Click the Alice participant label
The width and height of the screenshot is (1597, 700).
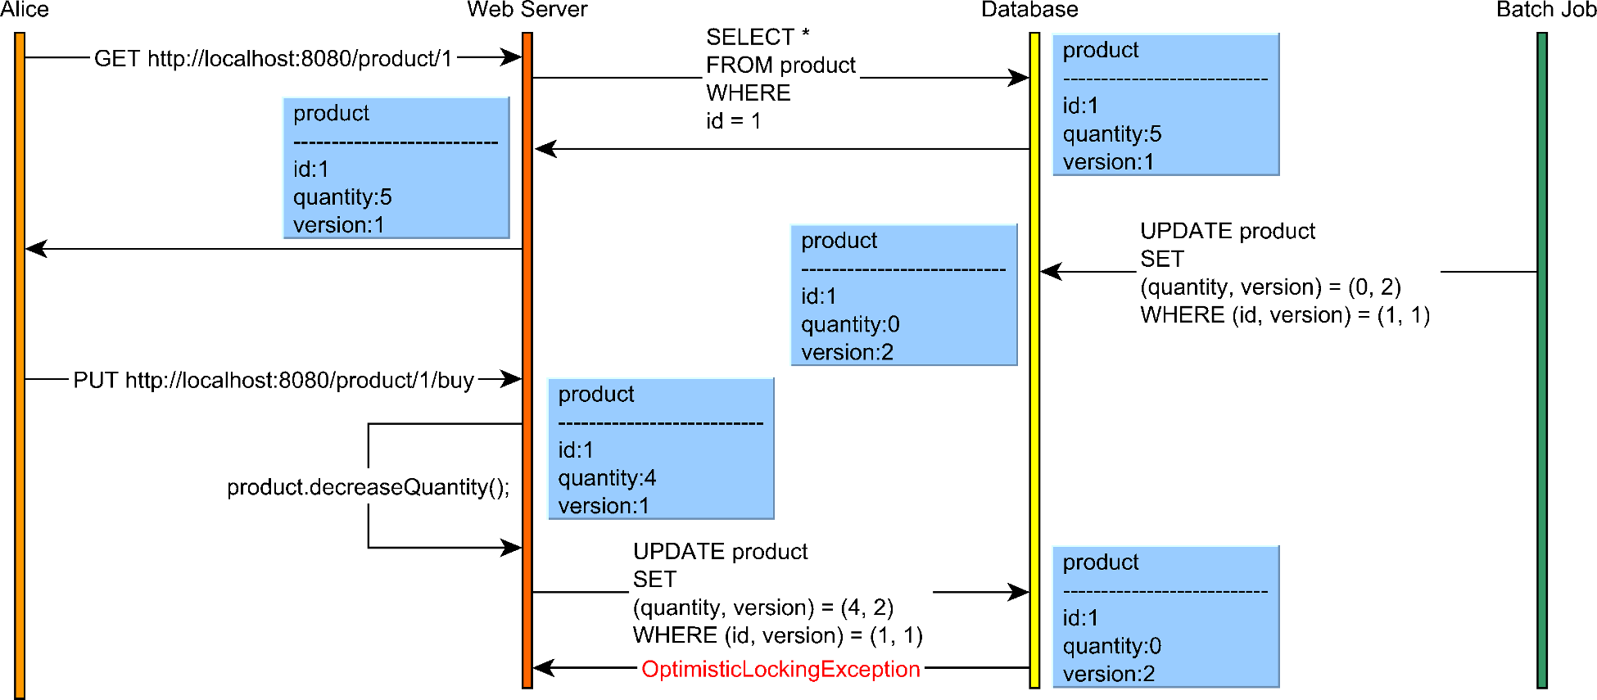point(25,10)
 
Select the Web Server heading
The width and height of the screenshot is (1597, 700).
point(527,10)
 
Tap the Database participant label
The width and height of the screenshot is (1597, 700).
point(1029,10)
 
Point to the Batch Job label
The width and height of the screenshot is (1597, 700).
point(1545,10)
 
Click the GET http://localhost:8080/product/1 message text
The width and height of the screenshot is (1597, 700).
point(273,59)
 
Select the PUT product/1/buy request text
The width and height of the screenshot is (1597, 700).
point(274,381)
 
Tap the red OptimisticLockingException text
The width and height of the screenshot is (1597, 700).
point(780,669)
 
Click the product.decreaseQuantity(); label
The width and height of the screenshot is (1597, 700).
point(368,487)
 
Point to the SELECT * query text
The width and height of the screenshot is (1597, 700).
point(758,38)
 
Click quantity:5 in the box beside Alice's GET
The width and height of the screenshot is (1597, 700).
point(342,197)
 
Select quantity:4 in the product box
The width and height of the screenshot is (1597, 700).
point(607,478)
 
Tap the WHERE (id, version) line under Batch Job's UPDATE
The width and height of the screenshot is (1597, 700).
point(1284,315)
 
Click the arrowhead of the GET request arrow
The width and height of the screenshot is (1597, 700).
point(513,57)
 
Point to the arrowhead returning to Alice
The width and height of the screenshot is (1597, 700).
point(35,249)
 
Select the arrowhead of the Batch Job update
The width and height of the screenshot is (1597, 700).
point(1050,272)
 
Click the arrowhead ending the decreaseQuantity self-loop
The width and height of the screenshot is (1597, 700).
point(513,548)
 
